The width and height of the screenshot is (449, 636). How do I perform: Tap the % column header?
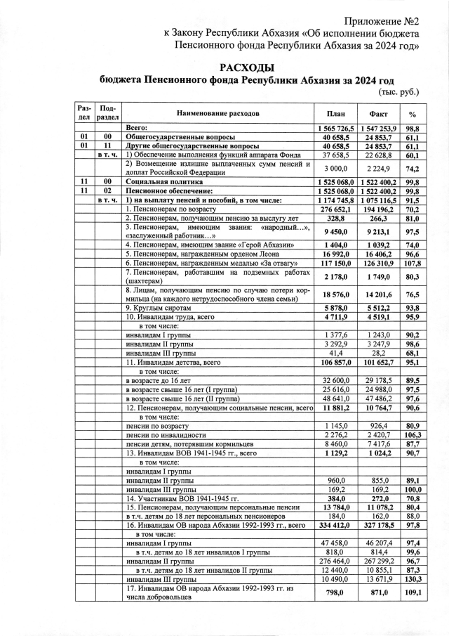pyautogui.click(x=413, y=112)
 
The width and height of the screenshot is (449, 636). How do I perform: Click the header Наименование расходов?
pyautogui.click(x=217, y=112)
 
